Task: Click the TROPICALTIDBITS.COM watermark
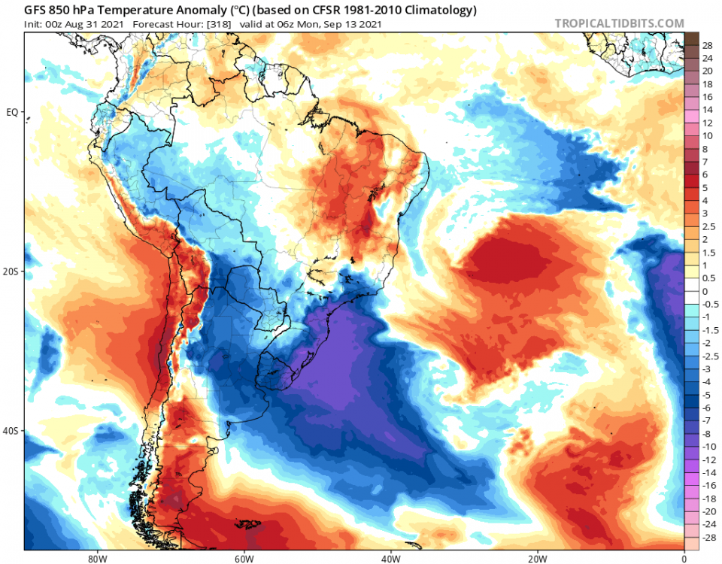pos(619,23)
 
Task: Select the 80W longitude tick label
pos(96,558)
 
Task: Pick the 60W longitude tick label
pos(243,558)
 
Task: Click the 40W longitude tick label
pos(390,558)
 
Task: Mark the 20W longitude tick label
pos(537,558)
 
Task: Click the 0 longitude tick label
pos(684,558)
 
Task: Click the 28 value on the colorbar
pos(708,46)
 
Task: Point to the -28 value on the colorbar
pos(708,539)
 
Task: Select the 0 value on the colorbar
pos(705,292)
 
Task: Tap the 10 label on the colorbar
pos(708,136)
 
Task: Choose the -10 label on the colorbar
pos(708,447)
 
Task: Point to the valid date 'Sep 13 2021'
pos(353,24)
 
